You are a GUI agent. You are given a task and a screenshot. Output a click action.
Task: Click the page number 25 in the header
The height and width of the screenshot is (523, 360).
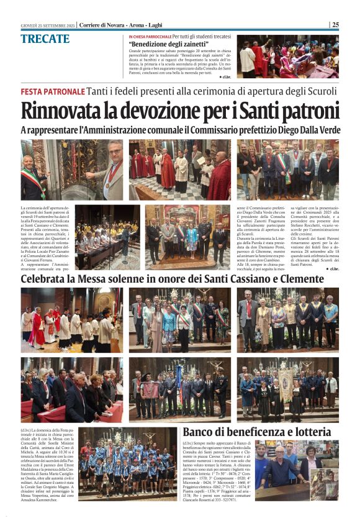(x=335, y=25)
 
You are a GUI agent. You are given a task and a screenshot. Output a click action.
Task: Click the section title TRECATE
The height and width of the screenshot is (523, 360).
(x=45, y=39)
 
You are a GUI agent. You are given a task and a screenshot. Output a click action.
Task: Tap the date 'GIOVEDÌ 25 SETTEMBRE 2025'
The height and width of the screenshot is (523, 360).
(x=47, y=25)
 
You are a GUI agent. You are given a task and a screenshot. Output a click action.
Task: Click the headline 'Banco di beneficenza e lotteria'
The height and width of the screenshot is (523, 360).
(x=261, y=432)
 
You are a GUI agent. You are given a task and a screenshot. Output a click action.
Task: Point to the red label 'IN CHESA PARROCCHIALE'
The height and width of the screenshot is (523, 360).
(x=150, y=37)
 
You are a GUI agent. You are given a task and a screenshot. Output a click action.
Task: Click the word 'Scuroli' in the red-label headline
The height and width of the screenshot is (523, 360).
(x=317, y=91)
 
